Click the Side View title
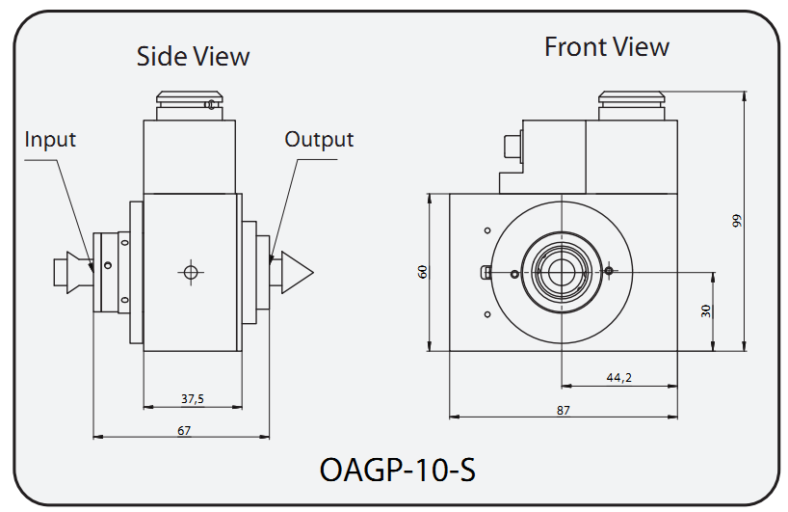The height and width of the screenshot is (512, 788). [193, 56]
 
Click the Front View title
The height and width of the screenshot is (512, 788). [606, 46]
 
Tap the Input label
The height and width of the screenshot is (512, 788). [50, 140]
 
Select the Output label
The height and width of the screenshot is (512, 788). [319, 140]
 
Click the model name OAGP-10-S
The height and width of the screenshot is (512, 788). [396, 472]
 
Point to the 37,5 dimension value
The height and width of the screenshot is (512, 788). [192, 398]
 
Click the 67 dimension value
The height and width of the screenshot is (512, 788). [183, 430]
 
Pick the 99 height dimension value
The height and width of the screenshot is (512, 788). [737, 221]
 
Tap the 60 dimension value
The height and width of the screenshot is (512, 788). [421, 272]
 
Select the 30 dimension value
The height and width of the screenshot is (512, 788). [705, 310]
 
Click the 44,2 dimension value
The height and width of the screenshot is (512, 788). [618, 378]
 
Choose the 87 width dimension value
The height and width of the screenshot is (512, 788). [564, 410]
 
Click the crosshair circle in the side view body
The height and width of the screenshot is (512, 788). [191, 273]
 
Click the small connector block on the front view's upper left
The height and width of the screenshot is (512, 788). [511, 148]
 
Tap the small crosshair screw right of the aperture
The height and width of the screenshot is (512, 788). [609, 271]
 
